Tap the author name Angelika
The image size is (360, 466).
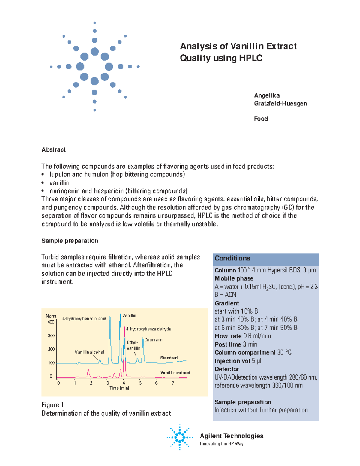click(x=267, y=95)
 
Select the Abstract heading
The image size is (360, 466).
click(x=54, y=150)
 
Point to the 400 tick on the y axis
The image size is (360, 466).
click(x=51, y=322)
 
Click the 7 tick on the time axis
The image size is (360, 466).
click(x=173, y=383)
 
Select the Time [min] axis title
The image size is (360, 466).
click(x=119, y=388)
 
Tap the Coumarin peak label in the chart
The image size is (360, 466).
click(x=153, y=340)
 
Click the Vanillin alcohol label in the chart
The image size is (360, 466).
click(x=89, y=352)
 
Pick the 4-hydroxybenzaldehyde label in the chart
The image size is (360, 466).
click(x=148, y=329)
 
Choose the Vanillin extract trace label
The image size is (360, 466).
click(x=175, y=373)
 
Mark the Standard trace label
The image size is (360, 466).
click(x=169, y=358)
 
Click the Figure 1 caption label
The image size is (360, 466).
click(x=52, y=405)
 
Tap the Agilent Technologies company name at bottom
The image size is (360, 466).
click(x=232, y=436)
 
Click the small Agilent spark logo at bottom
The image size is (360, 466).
click(x=180, y=437)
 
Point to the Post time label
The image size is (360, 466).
click(x=228, y=344)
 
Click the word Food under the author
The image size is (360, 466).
click(x=261, y=119)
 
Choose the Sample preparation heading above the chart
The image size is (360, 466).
click(x=70, y=241)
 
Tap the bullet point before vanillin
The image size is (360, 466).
click(x=43, y=183)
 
